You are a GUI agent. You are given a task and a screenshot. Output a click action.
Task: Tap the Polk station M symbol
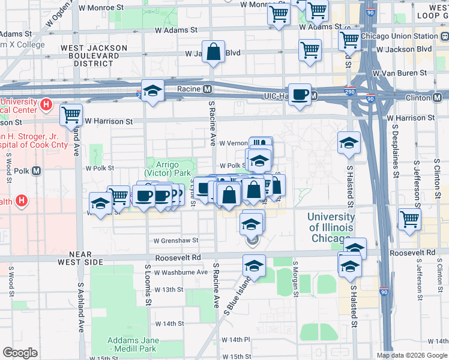pos(36,170)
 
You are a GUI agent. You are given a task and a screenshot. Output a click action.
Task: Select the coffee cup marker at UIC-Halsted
pos(300,94)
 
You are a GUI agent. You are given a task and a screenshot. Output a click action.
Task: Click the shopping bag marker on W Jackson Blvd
pos(213,52)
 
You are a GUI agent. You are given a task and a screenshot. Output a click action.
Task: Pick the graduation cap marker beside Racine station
pos(153,91)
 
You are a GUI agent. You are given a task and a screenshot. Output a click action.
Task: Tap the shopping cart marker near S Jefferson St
pos(409,220)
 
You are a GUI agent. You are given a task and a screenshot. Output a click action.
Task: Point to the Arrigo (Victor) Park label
pos(171,169)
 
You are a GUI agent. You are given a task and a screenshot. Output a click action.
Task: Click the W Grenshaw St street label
pos(175,241)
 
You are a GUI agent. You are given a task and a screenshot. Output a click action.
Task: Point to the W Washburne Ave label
pos(181,272)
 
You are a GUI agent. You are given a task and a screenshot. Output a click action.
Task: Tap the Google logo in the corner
pos(20,353)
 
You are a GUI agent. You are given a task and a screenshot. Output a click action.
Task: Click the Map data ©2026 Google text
pos(412,355)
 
